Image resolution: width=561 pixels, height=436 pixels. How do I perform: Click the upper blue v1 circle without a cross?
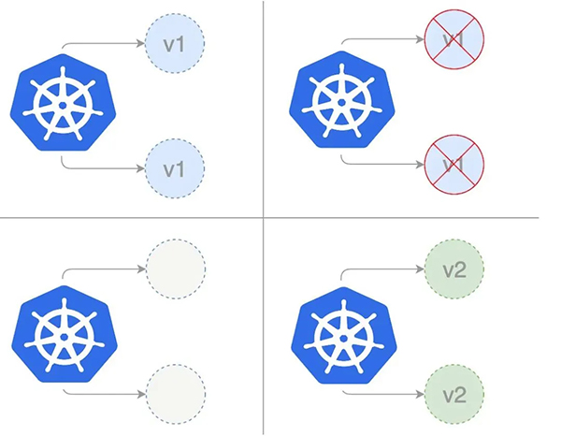pos(175,42)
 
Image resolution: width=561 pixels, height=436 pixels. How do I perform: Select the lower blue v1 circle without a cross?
pos(175,169)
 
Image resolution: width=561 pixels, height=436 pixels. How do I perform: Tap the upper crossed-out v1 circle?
pos(453,40)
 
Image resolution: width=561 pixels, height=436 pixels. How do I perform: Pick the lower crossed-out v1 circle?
pos(453,165)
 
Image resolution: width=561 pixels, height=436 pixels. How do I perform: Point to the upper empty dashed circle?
pos(175,269)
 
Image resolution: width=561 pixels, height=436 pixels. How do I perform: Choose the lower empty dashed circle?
pos(175,391)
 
